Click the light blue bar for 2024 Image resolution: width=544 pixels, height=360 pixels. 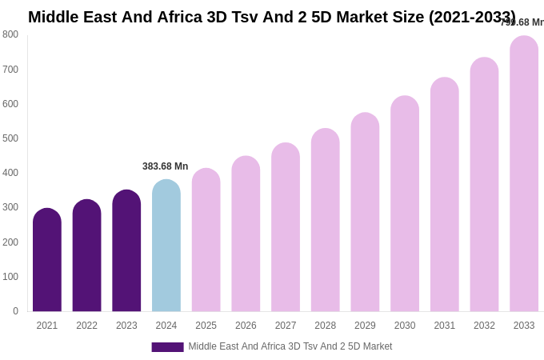pos(166,246)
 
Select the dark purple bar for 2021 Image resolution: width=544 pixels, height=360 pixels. pos(47,260)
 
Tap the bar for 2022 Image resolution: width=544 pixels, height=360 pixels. pos(86,256)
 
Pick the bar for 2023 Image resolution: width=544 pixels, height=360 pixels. pos(126,251)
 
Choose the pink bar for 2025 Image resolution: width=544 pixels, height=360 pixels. pos(206,240)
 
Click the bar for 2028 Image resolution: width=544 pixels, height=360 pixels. pos(326,220)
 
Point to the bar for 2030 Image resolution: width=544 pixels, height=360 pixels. pos(405,204)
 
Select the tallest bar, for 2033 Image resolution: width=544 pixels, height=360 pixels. pos(524,174)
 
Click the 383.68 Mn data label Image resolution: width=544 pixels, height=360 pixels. pos(166,166)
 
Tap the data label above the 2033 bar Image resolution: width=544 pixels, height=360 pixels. pos(522,22)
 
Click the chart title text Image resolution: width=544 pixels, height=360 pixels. pos(272,17)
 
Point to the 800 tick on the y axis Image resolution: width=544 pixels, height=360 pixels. pos(10,34)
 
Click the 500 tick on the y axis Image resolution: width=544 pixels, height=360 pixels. pos(10,138)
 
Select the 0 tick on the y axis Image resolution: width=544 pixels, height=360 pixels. pos(15,311)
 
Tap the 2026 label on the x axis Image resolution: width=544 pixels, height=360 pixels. pos(246,326)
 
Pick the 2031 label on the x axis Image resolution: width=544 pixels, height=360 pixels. pos(445,326)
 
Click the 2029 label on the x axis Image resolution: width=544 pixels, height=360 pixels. pos(365,326)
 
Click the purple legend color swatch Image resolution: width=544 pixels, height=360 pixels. pos(167,347)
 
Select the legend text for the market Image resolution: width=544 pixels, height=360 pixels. pos(290,346)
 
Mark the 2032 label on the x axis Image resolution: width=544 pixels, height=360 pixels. pos(484,326)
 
